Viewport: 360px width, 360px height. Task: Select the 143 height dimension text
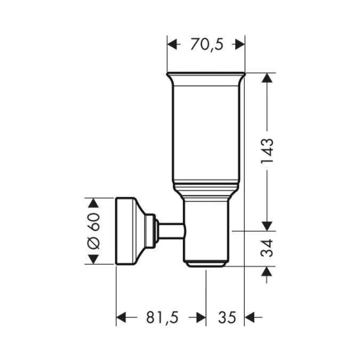coord(267,151)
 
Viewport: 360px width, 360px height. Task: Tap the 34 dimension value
coord(267,248)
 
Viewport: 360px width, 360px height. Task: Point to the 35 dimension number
coord(227,317)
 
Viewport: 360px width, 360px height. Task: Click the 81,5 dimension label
coord(163,317)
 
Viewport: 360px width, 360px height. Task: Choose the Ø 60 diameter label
coord(94,231)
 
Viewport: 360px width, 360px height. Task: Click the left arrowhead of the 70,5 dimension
coord(172,44)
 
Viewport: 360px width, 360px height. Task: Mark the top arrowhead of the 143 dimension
coord(267,78)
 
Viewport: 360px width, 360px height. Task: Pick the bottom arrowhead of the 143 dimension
coord(267,226)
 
